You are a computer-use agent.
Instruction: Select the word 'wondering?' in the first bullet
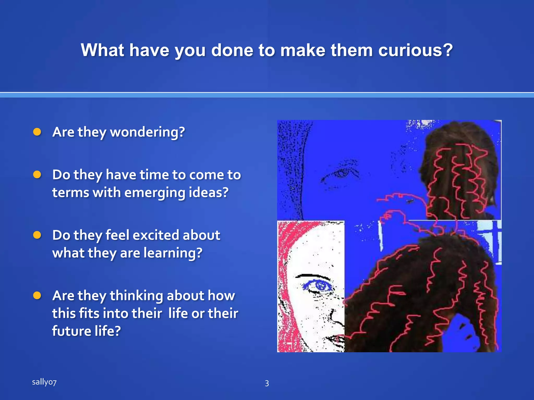(147, 132)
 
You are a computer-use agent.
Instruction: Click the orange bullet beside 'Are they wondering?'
(37, 132)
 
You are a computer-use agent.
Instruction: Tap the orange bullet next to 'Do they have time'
(37, 174)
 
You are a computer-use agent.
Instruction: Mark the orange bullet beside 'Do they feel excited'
(37, 235)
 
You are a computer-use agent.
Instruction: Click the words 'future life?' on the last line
(86, 331)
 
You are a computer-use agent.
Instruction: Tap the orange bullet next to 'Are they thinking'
(37, 295)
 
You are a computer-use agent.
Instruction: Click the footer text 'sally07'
(44, 382)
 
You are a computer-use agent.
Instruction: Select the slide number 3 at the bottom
(267, 383)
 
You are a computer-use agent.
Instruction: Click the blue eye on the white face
(319, 286)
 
